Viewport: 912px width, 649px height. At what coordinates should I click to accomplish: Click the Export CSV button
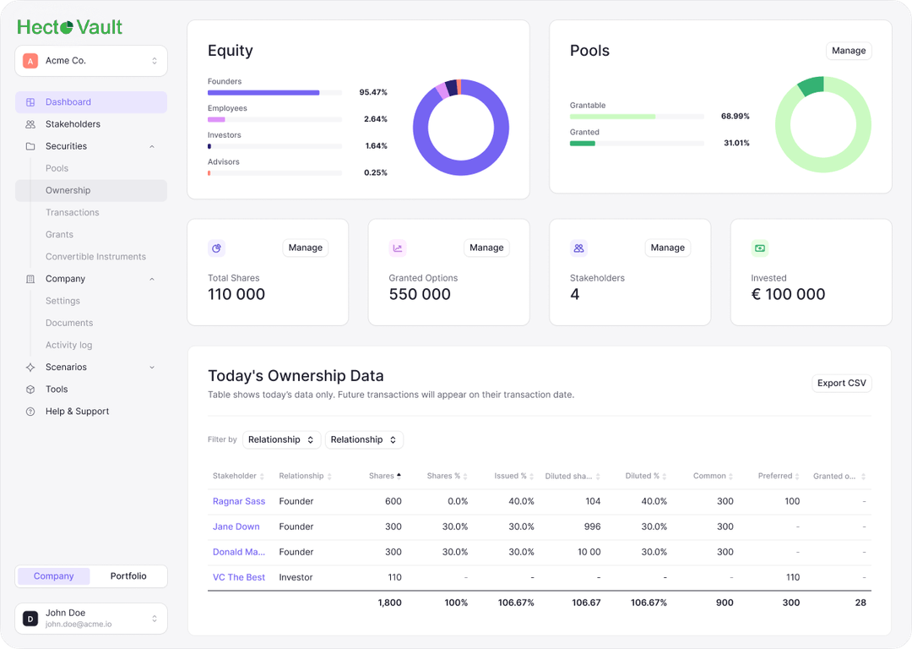(x=841, y=383)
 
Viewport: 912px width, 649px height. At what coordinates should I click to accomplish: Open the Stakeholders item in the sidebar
(x=73, y=124)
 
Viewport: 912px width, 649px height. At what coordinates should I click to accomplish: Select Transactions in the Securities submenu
(x=72, y=213)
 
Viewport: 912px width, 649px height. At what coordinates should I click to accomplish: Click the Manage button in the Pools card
(x=848, y=51)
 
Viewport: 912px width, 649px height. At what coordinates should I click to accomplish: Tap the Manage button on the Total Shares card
(x=305, y=248)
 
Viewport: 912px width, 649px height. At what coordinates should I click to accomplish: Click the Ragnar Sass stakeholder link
(x=239, y=501)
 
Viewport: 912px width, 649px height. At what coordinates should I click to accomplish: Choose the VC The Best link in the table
(x=239, y=577)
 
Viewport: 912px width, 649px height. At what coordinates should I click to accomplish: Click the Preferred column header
(x=774, y=476)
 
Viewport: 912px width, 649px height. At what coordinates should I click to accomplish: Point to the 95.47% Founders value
(x=373, y=92)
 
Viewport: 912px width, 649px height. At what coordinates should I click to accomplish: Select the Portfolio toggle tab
(x=128, y=576)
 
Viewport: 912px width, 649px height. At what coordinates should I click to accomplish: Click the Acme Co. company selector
(x=91, y=61)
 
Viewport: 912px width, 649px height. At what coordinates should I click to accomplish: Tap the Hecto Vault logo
(x=70, y=27)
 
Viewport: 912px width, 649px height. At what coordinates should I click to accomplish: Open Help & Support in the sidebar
(x=77, y=412)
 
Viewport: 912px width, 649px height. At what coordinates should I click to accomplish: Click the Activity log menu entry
(x=68, y=345)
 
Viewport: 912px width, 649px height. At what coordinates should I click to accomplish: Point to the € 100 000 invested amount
(x=788, y=294)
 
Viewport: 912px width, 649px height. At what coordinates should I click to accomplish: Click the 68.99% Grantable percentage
(x=735, y=116)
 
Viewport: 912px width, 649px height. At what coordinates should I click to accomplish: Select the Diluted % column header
(x=642, y=476)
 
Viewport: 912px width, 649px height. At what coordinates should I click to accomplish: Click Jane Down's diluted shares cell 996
(x=592, y=526)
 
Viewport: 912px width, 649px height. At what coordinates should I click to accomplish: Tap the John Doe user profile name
(x=65, y=613)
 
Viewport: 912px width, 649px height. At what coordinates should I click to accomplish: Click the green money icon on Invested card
(x=759, y=248)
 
